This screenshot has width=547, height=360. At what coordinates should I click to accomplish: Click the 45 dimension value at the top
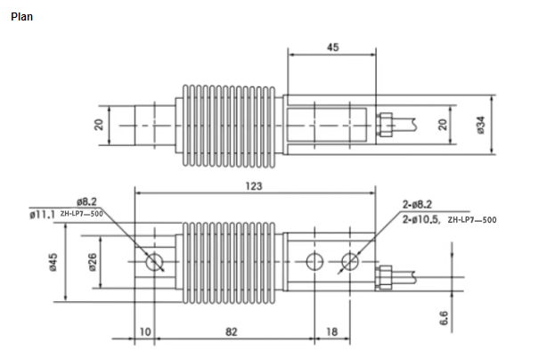(x=332, y=48)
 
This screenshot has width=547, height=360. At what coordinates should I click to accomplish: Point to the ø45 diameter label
(x=53, y=263)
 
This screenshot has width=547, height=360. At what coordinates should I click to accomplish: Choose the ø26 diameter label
(x=91, y=263)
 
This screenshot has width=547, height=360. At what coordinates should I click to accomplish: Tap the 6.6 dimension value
(x=444, y=317)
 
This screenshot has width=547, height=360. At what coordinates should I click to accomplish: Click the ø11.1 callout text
(x=42, y=215)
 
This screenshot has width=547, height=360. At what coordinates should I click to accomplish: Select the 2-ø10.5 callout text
(x=422, y=218)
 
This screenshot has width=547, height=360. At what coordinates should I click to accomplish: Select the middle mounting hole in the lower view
(x=313, y=262)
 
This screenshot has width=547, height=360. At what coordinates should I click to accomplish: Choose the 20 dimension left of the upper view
(x=101, y=124)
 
